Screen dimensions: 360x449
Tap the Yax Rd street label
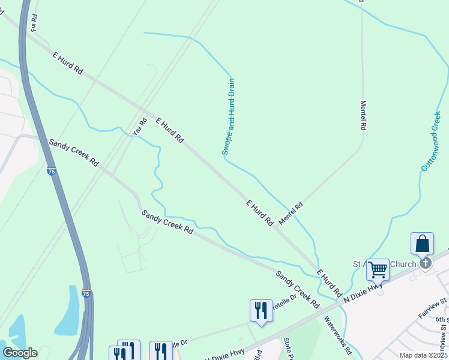(140, 125)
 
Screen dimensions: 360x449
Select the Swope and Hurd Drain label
(228, 116)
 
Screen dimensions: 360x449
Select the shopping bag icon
(422, 244)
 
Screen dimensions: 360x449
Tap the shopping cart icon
(378, 270)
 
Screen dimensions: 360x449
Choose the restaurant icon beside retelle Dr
(261, 310)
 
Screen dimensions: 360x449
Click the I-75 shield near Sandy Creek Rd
(52, 171)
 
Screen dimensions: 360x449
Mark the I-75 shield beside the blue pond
(86, 293)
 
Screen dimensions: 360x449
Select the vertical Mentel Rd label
(363, 115)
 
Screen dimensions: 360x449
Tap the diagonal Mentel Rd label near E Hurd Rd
(291, 213)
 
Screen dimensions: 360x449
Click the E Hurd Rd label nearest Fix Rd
(67, 62)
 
